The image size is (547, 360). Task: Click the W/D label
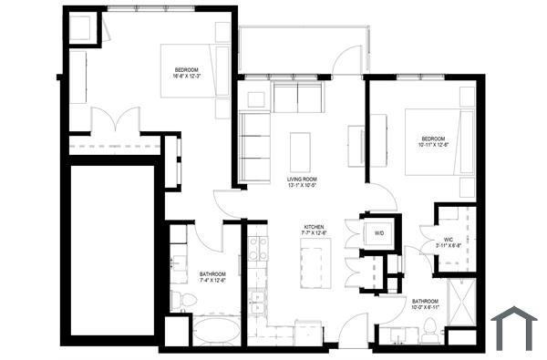click(379, 232)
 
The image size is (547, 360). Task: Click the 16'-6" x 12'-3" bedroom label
click(189, 73)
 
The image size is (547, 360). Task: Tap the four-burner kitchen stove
click(258, 247)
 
